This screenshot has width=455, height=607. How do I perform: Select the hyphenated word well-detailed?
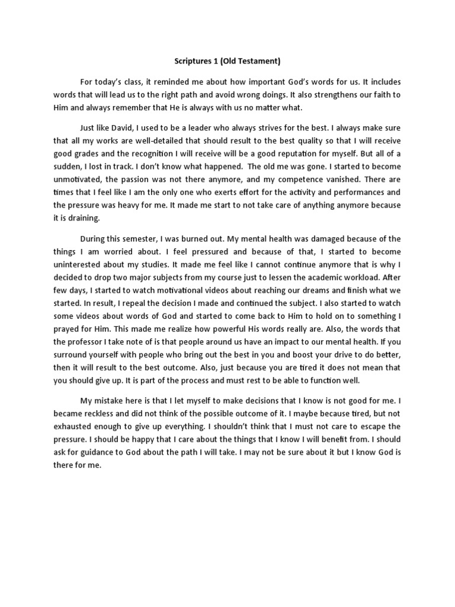(x=169, y=140)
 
